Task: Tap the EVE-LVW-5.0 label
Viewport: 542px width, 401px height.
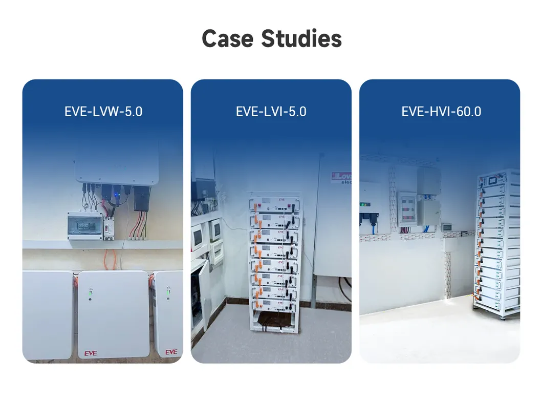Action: pyautogui.click(x=103, y=111)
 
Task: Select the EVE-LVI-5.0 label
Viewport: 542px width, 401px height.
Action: pyautogui.click(x=271, y=111)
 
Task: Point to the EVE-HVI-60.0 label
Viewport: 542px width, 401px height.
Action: pyautogui.click(x=441, y=111)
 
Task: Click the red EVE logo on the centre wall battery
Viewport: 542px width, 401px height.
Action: pyautogui.click(x=91, y=353)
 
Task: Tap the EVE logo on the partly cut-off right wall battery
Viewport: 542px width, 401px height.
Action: pyautogui.click(x=171, y=352)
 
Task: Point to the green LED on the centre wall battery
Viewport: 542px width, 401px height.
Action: pyautogui.click(x=90, y=293)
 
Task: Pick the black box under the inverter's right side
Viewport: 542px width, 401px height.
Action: pyautogui.click(x=141, y=199)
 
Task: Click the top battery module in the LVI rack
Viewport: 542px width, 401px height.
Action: pyautogui.click(x=271, y=204)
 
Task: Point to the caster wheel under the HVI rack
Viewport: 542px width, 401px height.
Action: pyautogui.click(x=502, y=317)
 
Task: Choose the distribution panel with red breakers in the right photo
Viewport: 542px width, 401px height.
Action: pyautogui.click(x=408, y=208)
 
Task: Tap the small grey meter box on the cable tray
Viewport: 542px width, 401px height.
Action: pyautogui.click(x=446, y=226)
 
